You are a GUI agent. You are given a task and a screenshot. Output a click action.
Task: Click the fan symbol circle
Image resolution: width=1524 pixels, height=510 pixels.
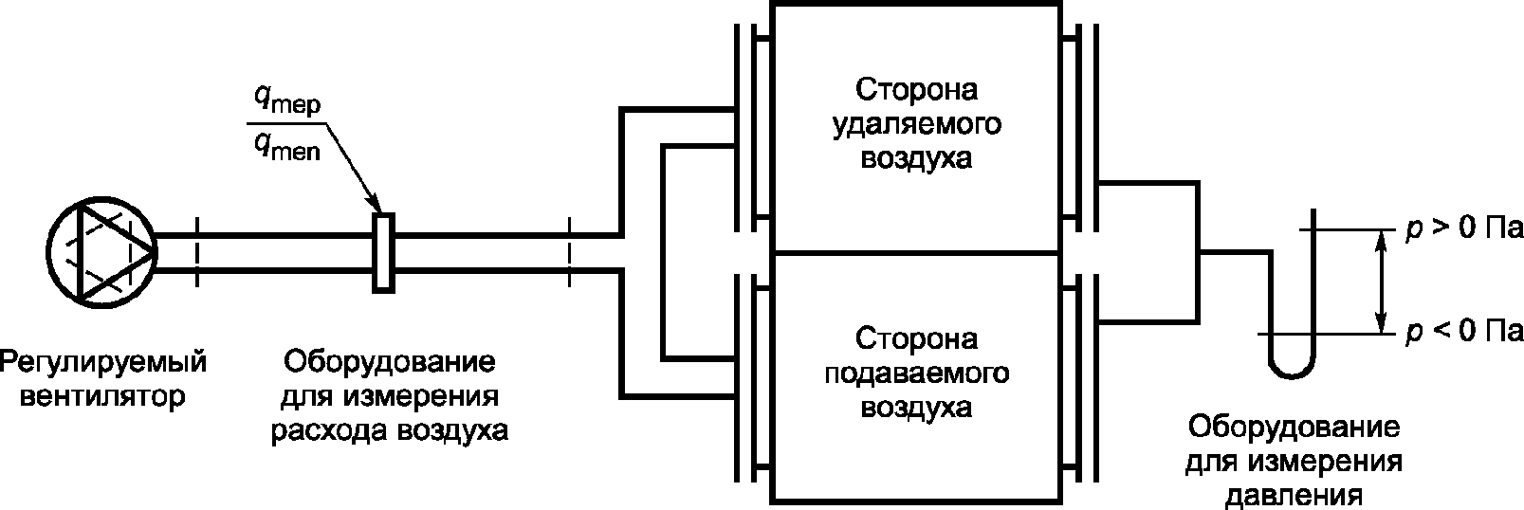click(x=102, y=251)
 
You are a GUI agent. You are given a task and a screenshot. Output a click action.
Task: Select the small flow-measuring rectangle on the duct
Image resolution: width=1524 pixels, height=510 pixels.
click(x=383, y=252)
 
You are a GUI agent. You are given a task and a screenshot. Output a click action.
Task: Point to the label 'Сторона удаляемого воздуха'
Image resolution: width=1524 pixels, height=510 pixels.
click(x=916, y=125)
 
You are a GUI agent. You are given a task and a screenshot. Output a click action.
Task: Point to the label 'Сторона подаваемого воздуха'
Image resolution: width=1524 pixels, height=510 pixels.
click(x=916, y=373)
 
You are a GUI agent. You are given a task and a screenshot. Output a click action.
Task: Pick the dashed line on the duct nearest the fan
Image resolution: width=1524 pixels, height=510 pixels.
click(x=197, y=252)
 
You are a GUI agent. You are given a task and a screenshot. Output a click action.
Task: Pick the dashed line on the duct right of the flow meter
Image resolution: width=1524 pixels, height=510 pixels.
click(x=569, y=252)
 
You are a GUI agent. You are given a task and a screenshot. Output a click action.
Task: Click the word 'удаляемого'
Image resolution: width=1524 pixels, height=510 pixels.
click(x=916, y=125)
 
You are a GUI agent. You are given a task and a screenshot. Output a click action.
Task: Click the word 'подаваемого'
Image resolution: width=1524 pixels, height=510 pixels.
click(x=916, y=373)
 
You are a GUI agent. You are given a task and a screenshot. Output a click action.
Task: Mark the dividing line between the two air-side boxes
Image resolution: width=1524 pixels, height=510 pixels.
click(x=916, y=253)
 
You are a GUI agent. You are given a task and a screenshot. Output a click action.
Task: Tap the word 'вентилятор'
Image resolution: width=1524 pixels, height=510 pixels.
click(x=102, y=395)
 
